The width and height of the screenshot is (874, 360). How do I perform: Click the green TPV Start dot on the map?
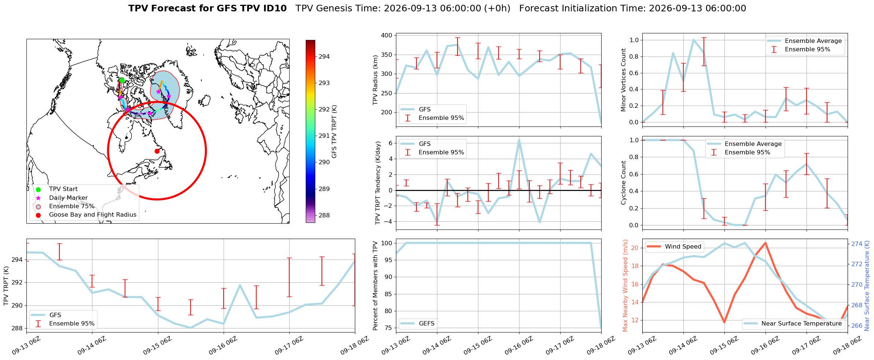pos(122,80)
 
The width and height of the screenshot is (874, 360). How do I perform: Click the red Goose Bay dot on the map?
pos(157,151)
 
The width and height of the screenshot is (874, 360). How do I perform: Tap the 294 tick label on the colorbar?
pos(324,56)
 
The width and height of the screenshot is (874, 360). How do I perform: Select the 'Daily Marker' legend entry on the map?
pos(69,198)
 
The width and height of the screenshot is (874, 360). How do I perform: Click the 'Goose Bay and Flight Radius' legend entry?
pos(93,214)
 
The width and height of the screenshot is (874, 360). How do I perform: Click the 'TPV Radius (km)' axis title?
pos(375,80)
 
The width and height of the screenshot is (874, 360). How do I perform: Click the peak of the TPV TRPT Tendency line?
pos(519,140)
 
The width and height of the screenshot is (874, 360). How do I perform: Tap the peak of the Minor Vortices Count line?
pos(693,40)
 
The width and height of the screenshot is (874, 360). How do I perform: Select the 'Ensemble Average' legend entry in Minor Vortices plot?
pos(813,41)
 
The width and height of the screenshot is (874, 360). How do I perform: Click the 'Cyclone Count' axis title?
pos(624,182)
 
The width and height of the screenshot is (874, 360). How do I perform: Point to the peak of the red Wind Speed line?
pos(765,243)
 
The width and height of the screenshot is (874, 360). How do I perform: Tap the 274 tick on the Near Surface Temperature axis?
pos(856,244)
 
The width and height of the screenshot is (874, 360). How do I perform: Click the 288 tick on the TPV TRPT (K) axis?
pos(18,328)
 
